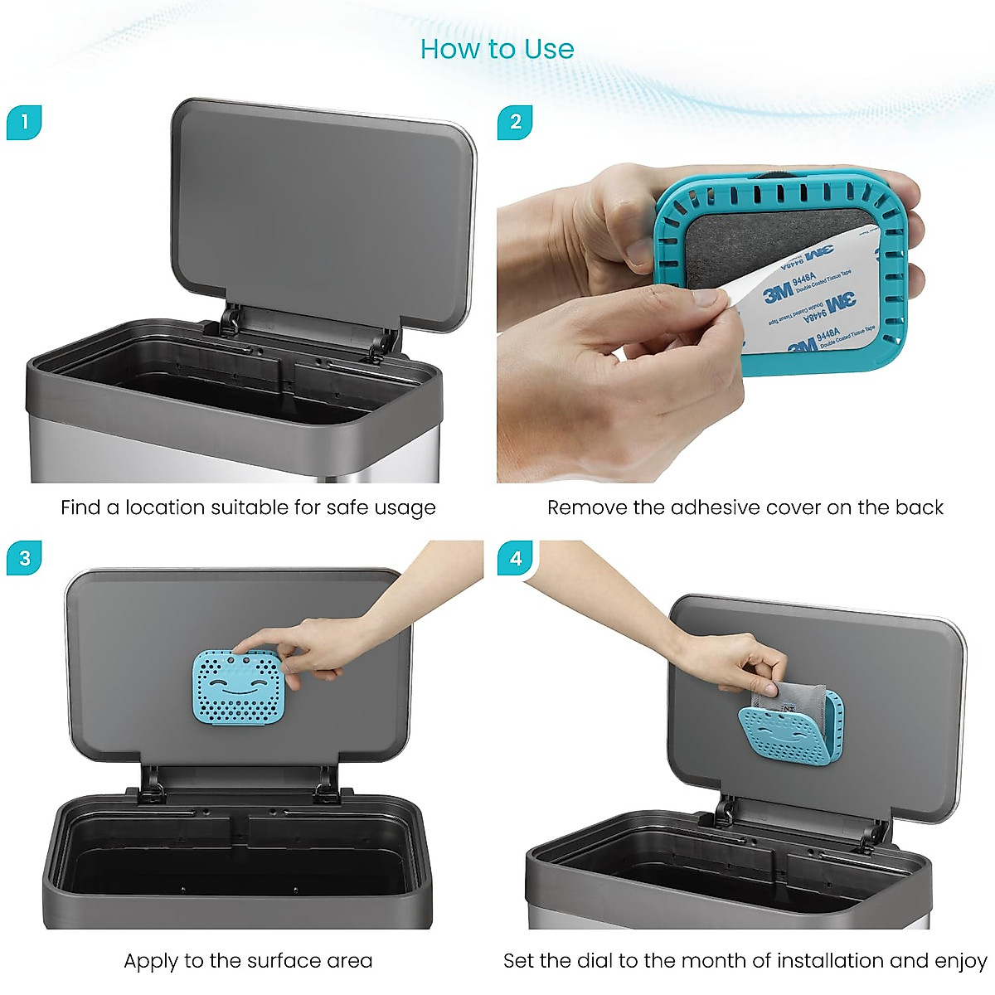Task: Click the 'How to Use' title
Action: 497,49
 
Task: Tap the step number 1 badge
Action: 24,123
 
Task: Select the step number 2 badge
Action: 515,123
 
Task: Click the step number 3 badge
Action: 24,559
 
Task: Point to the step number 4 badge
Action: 515,559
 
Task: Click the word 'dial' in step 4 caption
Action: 594,961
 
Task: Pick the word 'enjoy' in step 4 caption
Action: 960,961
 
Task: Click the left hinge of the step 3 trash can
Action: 152,784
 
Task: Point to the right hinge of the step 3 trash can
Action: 325,784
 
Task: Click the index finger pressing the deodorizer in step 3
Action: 249,643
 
